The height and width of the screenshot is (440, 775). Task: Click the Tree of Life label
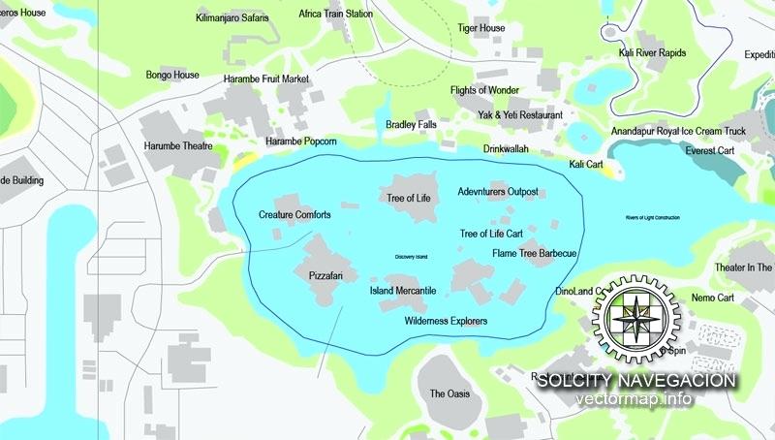[x=408, y=198]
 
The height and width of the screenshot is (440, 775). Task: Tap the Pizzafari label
[x=326, y=276]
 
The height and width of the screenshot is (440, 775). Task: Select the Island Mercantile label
[x=403, y=290]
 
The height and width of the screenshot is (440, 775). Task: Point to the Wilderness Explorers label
[x=446, y=321]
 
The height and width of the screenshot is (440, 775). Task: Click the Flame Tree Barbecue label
[x=534, y=254]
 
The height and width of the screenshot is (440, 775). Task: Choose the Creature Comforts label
[x=294, y=214]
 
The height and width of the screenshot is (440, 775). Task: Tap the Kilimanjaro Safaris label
[x=232, y=17]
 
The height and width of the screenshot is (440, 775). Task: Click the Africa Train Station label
[x=336, y=15]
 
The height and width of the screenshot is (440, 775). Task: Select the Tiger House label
[x=481, y=29]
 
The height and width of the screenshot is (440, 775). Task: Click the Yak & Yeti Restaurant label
[x=519, y=115]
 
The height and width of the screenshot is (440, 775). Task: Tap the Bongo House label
[x=172, y=75]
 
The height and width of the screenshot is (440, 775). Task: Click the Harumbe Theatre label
[x=178, y=146]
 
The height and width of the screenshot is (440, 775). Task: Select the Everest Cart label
[x=710, y=151]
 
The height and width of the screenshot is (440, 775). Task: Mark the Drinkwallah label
[x=507, y=149]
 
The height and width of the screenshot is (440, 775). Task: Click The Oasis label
[x=449, y=394]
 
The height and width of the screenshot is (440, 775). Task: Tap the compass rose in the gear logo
[x=636, y=317]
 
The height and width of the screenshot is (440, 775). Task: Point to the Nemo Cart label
[x=713, y=298]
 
